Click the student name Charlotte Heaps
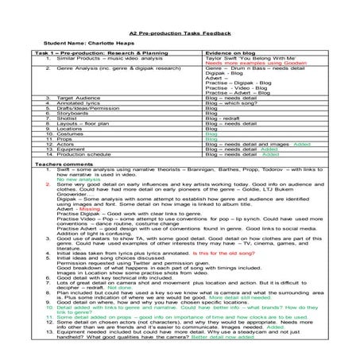pyautogui.click(x=91, y=43)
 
